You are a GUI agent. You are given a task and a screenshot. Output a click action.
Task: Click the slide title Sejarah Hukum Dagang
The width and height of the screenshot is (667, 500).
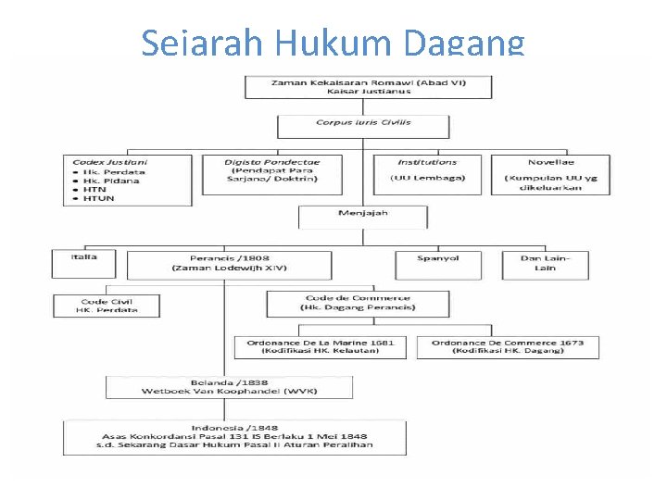pyautogui.click(x=333, y=43)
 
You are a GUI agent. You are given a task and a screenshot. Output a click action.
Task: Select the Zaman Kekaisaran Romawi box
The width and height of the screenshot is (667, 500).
pyautogui.click(x=369, y=87)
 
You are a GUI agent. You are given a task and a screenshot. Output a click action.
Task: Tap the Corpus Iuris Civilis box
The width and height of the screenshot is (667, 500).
pyautogui.click(x=363, y=126)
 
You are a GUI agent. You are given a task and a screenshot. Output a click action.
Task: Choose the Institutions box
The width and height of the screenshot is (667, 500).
pyautogui.click(x=427, y=174)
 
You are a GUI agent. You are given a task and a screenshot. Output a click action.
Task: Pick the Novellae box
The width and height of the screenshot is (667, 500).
pyautogui.click(x=550, y=174)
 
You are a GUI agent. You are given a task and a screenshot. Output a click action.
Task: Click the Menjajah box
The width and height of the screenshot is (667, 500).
pyautogui.click(x=362, y=218)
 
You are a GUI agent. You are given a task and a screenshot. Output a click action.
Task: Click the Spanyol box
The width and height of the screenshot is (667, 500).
pyautogui.click(x=438, y=263)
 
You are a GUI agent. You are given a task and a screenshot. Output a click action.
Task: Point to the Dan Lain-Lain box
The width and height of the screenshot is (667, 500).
pyautogui.click(x=545, y=263)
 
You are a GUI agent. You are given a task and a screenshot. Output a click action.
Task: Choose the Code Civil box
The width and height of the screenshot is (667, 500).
pyautogui.click(x=107, y=305)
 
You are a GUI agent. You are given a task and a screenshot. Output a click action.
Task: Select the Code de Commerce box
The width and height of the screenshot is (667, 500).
pyautogui.click(x=358, y=303)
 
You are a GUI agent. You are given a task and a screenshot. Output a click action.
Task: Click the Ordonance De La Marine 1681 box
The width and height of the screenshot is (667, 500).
pyautogui.click(x=320, y=347)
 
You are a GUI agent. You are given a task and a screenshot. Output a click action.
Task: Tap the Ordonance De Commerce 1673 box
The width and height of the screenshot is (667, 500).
pyautogui.click(x=507, y=347)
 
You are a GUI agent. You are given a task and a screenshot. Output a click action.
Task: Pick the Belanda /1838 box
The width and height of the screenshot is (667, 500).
pyautogui.click(x=229, y=387)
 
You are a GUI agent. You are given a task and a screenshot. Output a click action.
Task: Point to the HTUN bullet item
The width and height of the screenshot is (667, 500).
pyautogui.click(x=100, y=198)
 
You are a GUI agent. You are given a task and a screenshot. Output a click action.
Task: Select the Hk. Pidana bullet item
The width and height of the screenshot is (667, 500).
pyautogui.click(x=111, y=181)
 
